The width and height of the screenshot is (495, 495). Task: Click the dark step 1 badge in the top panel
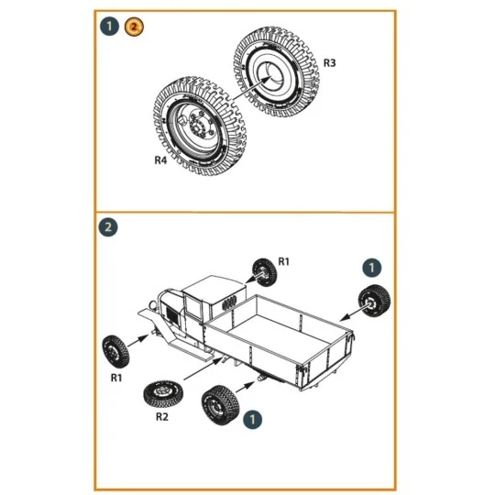111,27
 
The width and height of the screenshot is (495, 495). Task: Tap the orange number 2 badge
134,27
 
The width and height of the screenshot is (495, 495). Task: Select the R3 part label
329,64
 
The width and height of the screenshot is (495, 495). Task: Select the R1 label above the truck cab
284,262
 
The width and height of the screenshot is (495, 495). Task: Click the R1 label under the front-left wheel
117,377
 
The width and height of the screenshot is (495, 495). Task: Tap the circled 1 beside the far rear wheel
372,267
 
